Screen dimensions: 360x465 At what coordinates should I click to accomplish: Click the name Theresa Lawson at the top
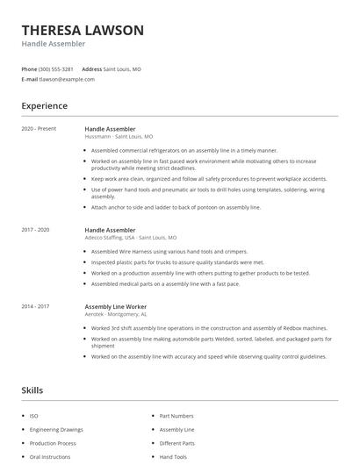click(x=83, y=30)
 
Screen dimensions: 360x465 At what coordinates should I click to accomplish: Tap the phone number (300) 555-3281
click(x=56, y=68)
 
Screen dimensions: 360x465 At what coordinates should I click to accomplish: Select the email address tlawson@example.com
click(x=67, y=79)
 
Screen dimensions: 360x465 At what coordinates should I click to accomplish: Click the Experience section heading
click(x=45, y=106)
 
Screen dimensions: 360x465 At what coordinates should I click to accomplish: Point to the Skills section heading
click(x=32, y=390)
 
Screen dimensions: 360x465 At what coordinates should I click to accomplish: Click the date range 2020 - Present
click(x=39, y=129)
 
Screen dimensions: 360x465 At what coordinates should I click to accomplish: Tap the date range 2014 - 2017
click(x=36, y=306)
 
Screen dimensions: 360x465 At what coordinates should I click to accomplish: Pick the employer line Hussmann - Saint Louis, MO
click(x=119, y=137)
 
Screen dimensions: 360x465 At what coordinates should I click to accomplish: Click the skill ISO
click(x=33, y=416)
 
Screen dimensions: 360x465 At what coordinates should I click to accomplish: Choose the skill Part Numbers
click(x=176, y=416)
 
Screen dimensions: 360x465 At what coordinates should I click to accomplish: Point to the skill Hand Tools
click(x=173, y=457)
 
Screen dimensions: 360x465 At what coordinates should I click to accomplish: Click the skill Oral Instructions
click(x=49, y=457)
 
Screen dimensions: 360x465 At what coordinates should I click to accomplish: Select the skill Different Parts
click(x=177, y=444)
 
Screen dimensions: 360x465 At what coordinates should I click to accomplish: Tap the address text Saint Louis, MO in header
click(x=122, y=68)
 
